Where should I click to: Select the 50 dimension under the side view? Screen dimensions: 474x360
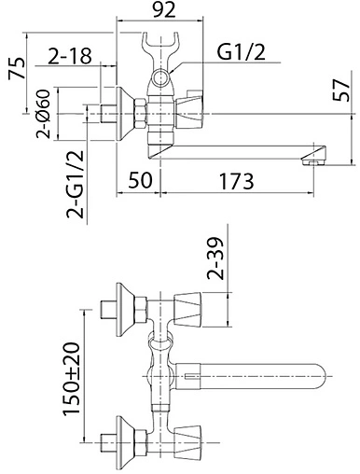click(140, 180)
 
